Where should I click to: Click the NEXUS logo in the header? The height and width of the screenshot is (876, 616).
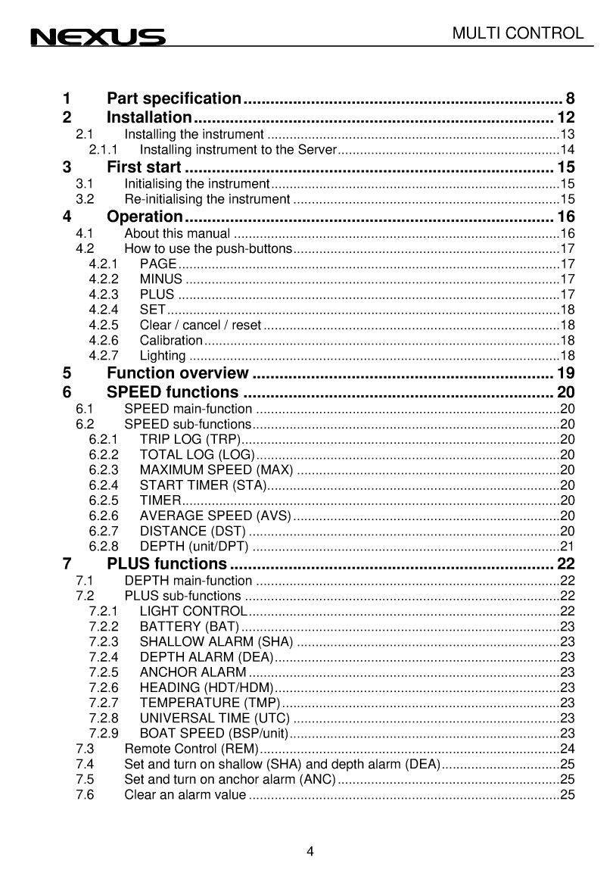tap(98, 37)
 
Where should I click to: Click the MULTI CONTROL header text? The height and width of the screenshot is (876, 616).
tap(518, 33)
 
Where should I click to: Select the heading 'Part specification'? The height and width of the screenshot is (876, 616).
tap(174, 98)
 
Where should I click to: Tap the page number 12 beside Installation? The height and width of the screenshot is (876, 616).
tap(566, 117)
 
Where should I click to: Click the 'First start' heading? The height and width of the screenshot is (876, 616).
tap(144, 167)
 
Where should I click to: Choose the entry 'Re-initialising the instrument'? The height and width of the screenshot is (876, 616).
tap(207, 199)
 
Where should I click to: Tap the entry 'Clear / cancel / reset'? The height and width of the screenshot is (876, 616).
tap(201, 326)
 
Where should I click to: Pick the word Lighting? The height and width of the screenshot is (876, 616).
tap(163, 356)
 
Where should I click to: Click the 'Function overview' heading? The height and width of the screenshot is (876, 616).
tap(178, 373)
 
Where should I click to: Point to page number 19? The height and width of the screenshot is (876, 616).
tap(566, 373)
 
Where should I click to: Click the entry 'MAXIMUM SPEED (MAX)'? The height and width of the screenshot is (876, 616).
tap(216, 469)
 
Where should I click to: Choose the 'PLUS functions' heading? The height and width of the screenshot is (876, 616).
tap(166, 564)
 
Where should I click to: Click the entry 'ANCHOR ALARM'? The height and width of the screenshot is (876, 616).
tap(193, 672)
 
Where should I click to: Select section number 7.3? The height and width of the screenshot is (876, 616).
tap(85, 748)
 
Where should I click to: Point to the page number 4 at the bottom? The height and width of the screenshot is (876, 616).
tap(310, 850)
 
